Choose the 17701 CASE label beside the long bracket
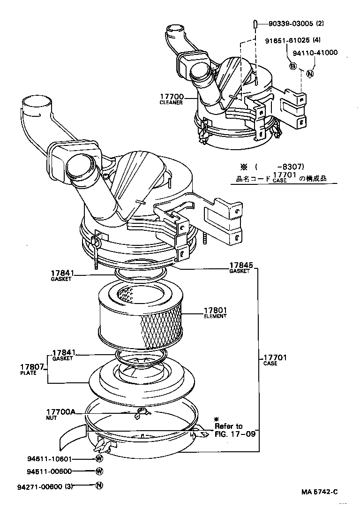coord(274,360)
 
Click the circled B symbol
coord(293,66)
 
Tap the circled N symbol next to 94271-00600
coord(99,486)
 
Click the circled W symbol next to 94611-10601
coord(99,459)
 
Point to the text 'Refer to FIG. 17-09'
coord(234,429)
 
